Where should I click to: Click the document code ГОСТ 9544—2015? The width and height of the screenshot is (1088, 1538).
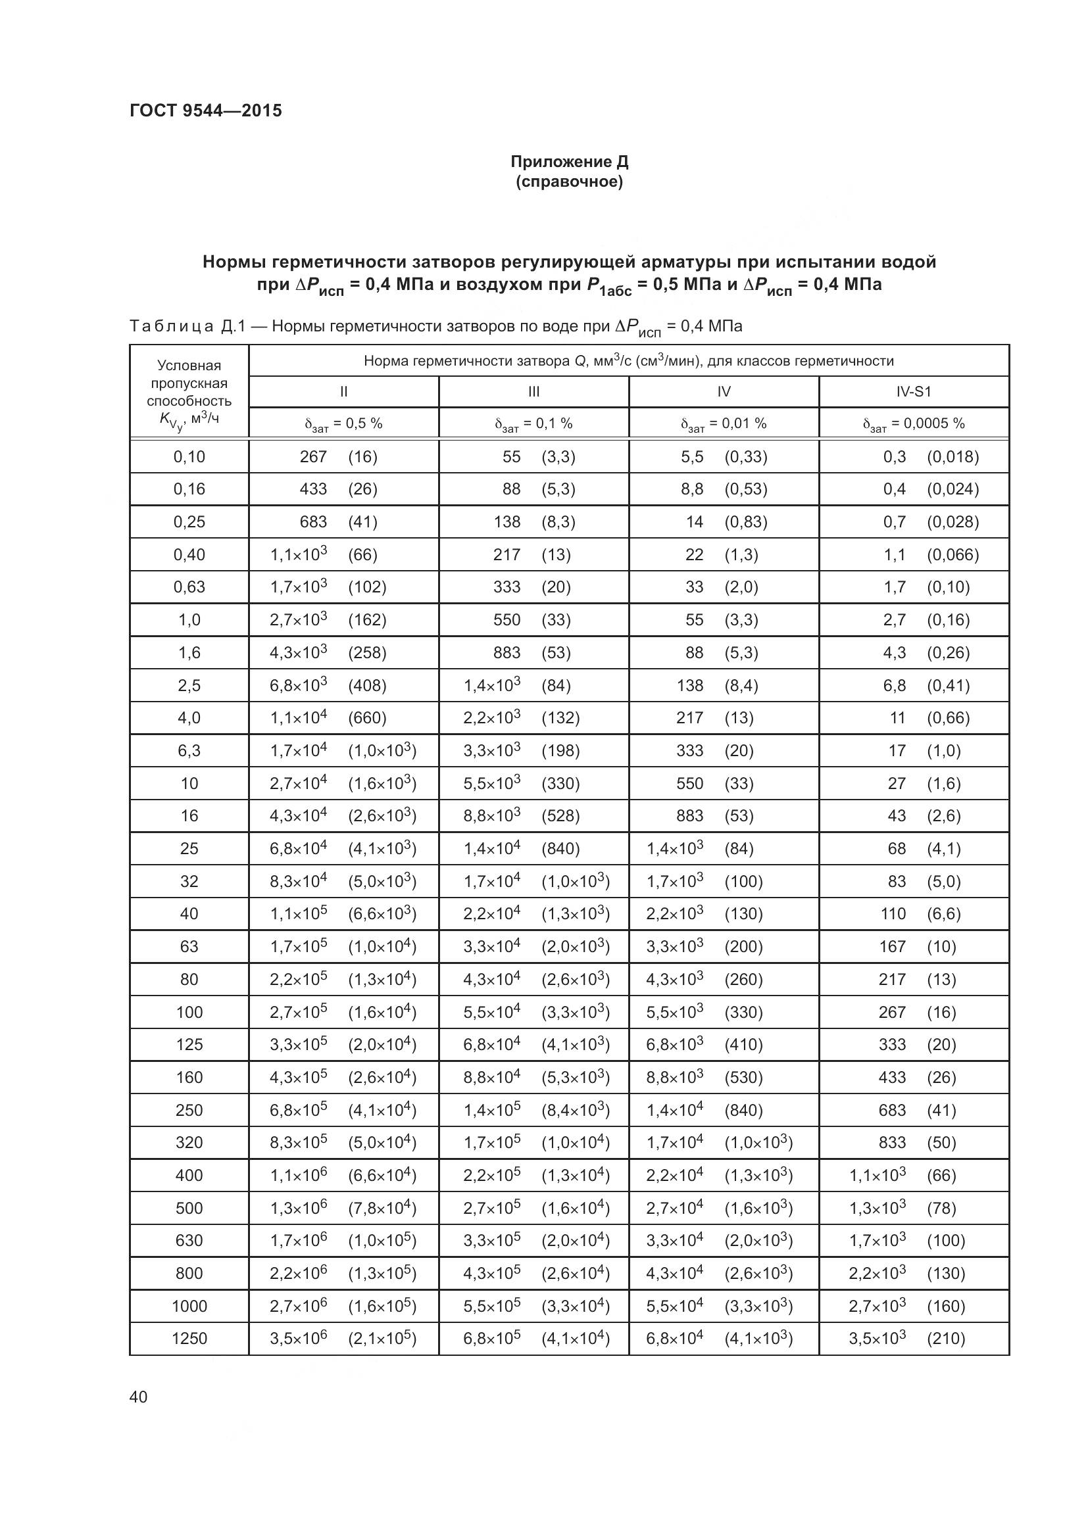[x=206, y=110]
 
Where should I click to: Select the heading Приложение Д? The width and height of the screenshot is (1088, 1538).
[x=569, y=162]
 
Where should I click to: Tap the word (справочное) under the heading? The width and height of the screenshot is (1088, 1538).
[x=569, y=182]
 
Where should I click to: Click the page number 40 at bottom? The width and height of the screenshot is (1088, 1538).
[x=139, y=1397]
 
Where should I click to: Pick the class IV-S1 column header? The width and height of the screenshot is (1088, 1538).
[x=913, y=392]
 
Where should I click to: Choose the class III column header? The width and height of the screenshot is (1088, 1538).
[x=533, y=392]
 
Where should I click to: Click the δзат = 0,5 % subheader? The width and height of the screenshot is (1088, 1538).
[x=343, y=423]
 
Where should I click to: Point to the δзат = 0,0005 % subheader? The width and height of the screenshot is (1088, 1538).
[x=913, y=423]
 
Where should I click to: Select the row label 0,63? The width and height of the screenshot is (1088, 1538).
[x=189, y=587]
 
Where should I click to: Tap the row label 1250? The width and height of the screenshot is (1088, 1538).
[x=189, y=1339]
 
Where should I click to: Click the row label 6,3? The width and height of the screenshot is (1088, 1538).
[x=189, y=751]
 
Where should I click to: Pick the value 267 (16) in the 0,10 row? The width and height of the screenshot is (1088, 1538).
[x=338, y=457]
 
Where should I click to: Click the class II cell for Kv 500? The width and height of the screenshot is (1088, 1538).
[x=343, y=1209]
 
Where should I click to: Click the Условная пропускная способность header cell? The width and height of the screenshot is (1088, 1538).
[x=189, y=392]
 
